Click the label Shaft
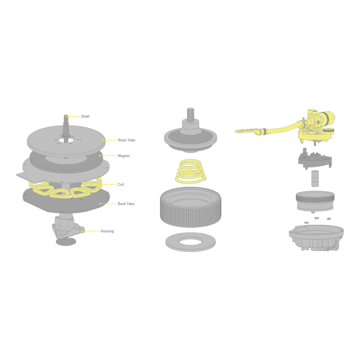click(85, 116)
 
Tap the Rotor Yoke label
click(127, 140)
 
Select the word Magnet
click(124, 156)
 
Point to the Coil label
click(121, 184)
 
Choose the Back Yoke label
click(126, 204)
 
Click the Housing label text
click(107, 231)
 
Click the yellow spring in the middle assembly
click(190, 171)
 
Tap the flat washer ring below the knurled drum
click(191, 242)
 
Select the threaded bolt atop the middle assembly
click(191, 114)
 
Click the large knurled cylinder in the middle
click(191, 207)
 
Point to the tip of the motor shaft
click(66, 116)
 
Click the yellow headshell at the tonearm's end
click(246, 131)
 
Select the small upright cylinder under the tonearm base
click(315, 178)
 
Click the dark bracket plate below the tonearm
click(315, 158)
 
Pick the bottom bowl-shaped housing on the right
click(316, 238)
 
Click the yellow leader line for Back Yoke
click(108, 204)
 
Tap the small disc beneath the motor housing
click(66, 242)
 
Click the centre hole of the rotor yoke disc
click(66, 139)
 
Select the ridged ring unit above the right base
click(315, 201)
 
